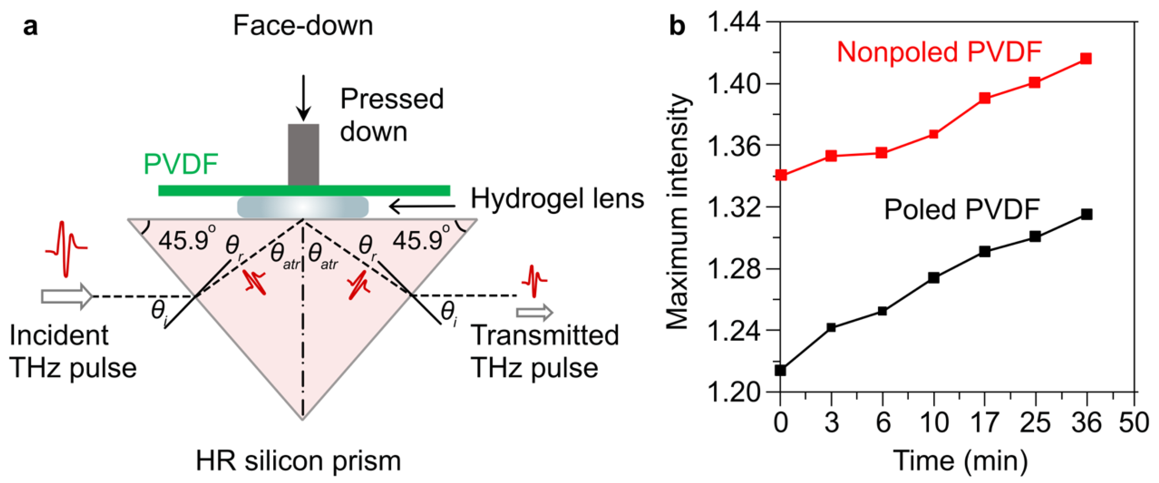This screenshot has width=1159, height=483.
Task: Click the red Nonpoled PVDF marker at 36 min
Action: [x=1086, y=59]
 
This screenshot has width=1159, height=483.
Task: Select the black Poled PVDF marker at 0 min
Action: [x=781, y=370]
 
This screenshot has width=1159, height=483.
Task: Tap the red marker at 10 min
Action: [x=933, y=134]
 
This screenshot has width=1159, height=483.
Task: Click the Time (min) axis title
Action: [x=961, y=460]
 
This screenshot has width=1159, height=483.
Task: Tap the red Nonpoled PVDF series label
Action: [x=939, y=52]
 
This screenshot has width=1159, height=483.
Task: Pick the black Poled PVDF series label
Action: [x=962, y=209]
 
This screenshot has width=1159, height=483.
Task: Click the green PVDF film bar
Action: [x=304, y=190]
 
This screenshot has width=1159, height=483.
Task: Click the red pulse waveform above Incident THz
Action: [x=67, y=248]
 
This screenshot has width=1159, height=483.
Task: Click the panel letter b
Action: [x=677, y=26]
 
